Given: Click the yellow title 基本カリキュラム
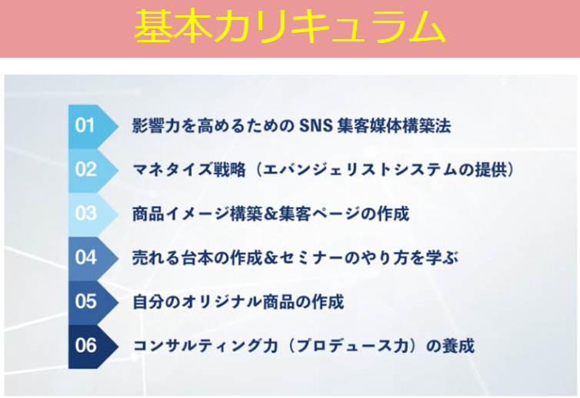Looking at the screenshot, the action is [290, 27].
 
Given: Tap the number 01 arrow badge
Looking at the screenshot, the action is [93, 126].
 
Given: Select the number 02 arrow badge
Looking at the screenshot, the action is [93, 171].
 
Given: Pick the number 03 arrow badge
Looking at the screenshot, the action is [93, 214].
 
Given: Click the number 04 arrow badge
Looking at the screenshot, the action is [93, 258].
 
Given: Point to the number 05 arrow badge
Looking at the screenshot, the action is [93, 302].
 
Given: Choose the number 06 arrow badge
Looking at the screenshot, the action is [93, 347].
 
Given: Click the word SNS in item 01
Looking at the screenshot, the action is [316, 126].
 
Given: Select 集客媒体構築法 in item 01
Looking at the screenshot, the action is [394, 126].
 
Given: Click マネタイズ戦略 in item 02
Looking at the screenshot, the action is [189, 170].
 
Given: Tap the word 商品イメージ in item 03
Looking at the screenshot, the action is [181, 214].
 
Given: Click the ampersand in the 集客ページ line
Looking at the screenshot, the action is [271, 214].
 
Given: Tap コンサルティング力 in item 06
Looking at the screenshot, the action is [205, 346].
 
